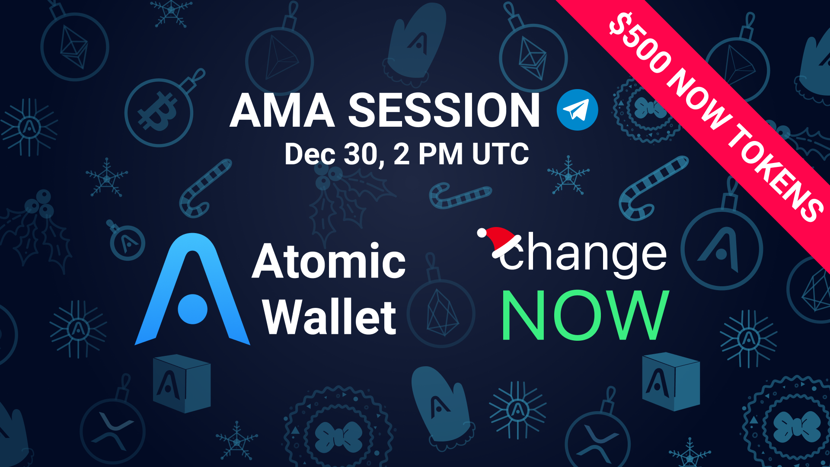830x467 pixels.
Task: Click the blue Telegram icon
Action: coord(577,110)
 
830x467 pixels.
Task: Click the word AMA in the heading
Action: coord(282,111)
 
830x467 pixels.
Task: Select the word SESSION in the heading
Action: coord(444,111)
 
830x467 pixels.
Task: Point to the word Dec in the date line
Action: coord(310,154)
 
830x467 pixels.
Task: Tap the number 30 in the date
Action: coord(362,154)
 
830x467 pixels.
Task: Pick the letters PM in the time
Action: coord(441,154)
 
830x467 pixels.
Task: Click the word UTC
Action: coord(501,154)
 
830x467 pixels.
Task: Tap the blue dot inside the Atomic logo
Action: coord(193,309)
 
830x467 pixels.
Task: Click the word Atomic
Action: coord(329,261)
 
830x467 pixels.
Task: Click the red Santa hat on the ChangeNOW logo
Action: coord(499,241)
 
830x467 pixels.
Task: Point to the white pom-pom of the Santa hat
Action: coord(482,233)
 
